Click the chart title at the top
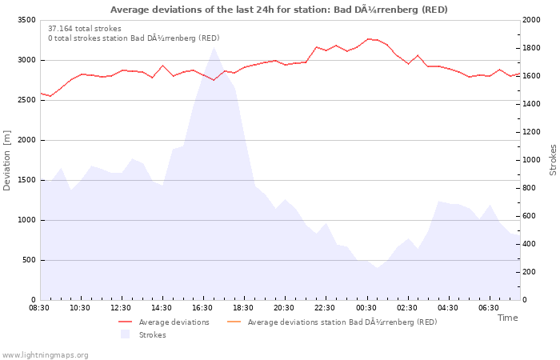(278, 10)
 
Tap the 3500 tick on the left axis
(26, 20)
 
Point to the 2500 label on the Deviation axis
(26, 100)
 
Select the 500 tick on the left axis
(29, 260)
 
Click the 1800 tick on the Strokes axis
(531, 48)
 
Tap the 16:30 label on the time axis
(202, 308)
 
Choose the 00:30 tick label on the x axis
(366, 308)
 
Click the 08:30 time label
(39, 308)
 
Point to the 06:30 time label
(489, 308)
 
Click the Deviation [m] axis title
(6, 160)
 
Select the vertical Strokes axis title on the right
(553, 160)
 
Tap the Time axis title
(507, 318)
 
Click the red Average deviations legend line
(126, 322)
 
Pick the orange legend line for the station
(234, 322)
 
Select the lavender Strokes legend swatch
(125, 334)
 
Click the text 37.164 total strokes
(85, 29)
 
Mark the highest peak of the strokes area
(214, 47)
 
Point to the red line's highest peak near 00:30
(368, 39)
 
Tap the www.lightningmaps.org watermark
(45, 355)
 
